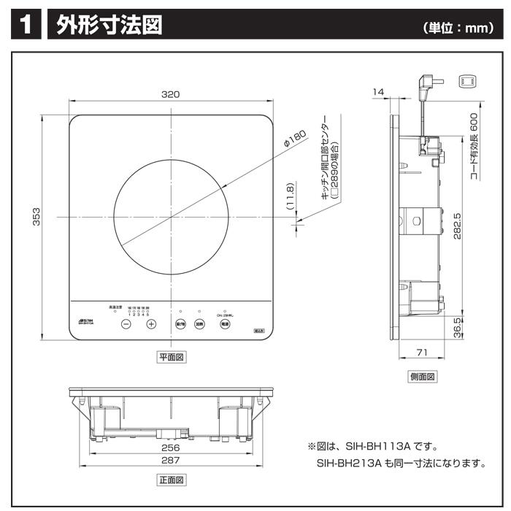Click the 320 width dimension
coord(171,95)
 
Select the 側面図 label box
coord(422,377)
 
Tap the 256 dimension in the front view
coord(171,447)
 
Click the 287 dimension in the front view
coord(171,461)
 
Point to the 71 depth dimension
coord(421,353)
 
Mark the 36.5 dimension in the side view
coord(458,326)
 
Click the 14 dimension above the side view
coord(377,91)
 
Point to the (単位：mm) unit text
coord(455,28)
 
